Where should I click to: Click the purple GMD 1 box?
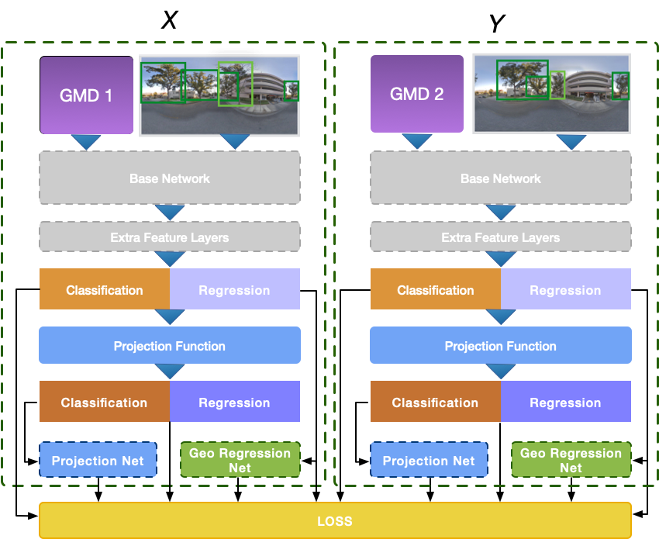click(x=86, y=95)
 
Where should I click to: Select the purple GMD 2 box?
click(x=417, y=94)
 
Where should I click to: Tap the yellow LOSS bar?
click(x=334, y=520)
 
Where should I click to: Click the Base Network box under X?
click(x=170, y=178)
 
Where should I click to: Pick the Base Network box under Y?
click(x=500, y=178)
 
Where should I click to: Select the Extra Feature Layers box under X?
click(x=170, y=237)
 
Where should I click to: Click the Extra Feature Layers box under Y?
click(x=500, y=237)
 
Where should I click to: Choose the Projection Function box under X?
click(x=170, y=346)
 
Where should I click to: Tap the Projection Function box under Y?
click(x=500, y=346)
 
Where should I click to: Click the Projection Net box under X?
click(x=98, y=461)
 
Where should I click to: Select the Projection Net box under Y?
click(x=429, y=461)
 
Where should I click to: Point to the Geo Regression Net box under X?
click(x=240, y=460)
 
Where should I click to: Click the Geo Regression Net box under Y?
click(x=571, y=460)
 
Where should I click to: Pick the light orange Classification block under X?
click(x=105, y=290)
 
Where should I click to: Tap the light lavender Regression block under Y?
click(x=565, y=290)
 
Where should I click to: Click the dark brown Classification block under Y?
click(x=435, y=403)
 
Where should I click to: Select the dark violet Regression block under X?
click(x=234, y=403)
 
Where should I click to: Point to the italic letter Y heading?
click(x=497, y=24)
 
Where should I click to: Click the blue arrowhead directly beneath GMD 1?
click(x=86, y=142)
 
